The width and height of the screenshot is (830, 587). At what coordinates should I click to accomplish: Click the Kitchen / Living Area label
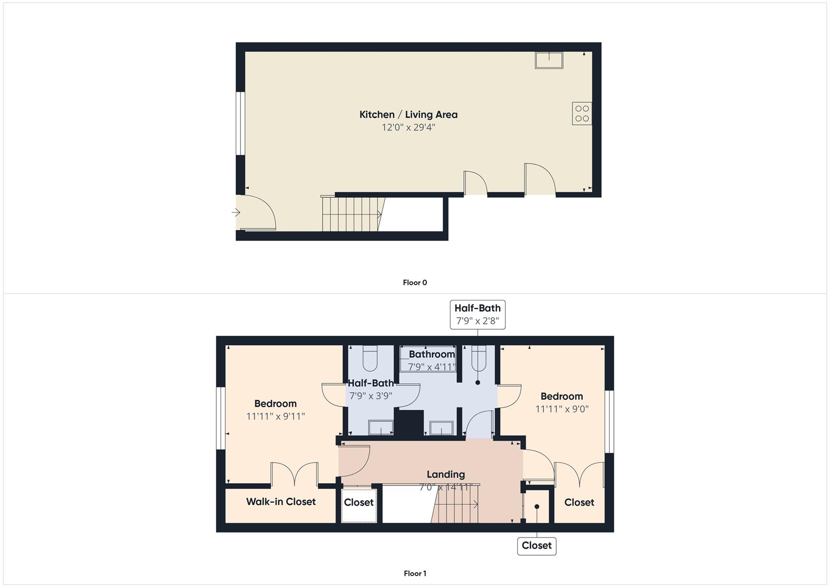click(408, 115)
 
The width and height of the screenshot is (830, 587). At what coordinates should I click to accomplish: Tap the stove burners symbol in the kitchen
click(582, 114)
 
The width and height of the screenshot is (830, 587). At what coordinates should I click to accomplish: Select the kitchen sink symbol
click(549, 60)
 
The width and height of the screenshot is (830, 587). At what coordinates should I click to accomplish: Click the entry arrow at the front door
click(236, 212)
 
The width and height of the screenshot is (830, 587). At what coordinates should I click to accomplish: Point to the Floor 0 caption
click(415, 283)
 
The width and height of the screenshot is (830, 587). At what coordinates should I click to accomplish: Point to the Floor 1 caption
click(415, 573)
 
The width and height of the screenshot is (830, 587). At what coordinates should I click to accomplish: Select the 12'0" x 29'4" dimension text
click(408, 127)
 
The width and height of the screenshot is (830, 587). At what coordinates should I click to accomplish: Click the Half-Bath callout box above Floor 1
click(477, 315)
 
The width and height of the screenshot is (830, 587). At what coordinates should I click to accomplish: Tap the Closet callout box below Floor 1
click(537, 546)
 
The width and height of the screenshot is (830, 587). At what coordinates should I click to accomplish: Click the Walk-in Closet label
click(281, 502)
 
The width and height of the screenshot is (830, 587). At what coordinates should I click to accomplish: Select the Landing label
click(445, 474)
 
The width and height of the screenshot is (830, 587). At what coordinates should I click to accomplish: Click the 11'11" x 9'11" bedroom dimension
click(276, 416)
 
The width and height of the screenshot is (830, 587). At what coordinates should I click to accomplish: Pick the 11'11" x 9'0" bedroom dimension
click(562, 409)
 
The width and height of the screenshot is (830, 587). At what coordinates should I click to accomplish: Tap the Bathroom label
click(432, 354)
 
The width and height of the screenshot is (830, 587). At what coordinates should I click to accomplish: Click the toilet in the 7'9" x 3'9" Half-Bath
click(370, 358)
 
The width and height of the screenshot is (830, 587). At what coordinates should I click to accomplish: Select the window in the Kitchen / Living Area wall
click(240, 123)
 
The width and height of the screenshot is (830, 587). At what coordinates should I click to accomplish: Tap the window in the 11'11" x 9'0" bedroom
click(609, 422)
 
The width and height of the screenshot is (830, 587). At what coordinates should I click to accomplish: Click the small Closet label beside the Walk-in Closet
click(359, 503)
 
